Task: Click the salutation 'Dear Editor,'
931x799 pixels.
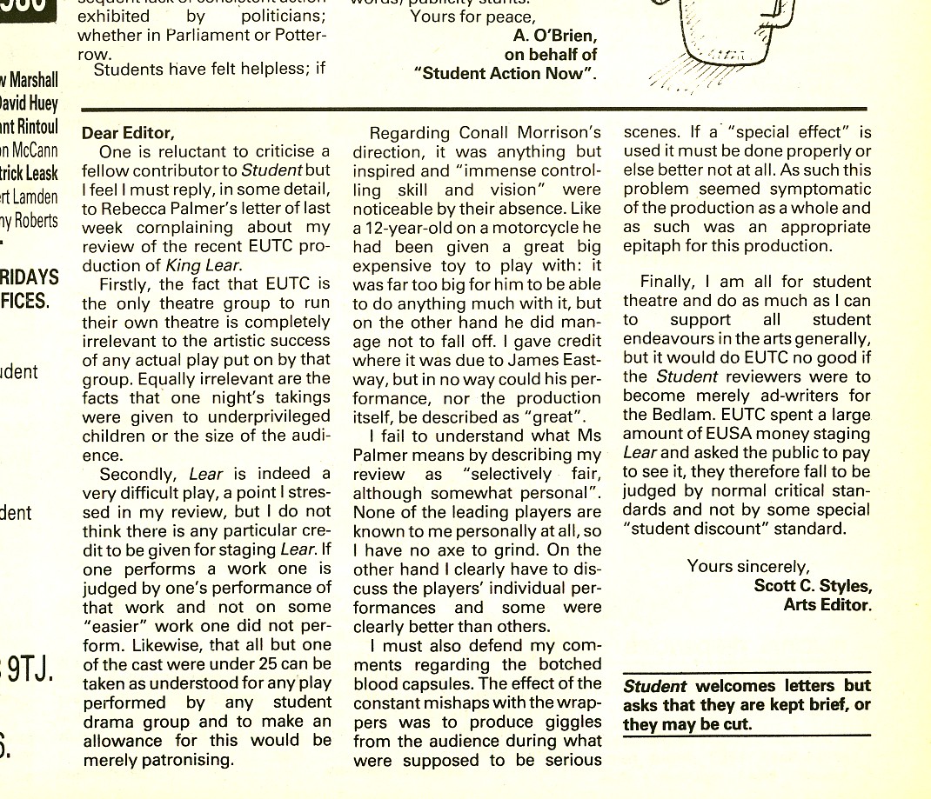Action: click(128, 134)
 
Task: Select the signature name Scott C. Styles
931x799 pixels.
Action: click(812, 585)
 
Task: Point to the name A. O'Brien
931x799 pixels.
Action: click(554, 36)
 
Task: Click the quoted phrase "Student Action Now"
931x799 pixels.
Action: click(510, 74)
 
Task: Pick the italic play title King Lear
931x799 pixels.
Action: click(210, 266)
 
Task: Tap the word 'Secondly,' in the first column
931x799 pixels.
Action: click(139, 474)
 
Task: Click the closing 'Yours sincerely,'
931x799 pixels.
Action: click(747, 566)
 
